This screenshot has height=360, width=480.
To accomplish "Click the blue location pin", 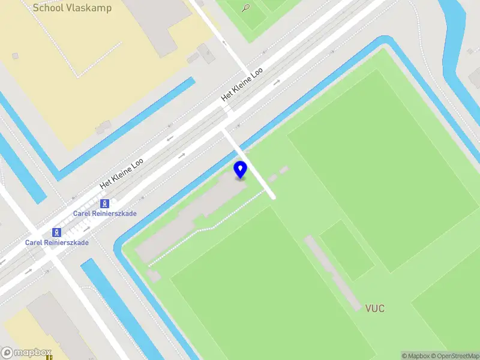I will click(241, 169).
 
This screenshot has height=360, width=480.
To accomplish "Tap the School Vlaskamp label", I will click(72, 8).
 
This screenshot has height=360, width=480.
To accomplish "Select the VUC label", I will click(375, 308).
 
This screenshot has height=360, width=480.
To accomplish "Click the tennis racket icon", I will click(246, 8).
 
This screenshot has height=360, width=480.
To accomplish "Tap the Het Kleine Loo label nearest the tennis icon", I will click(242, 83).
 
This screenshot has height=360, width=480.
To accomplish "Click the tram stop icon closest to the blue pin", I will click(105, 203).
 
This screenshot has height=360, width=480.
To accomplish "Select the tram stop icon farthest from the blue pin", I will click(57, 232).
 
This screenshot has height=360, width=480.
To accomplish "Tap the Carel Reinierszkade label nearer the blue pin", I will click(105, 214).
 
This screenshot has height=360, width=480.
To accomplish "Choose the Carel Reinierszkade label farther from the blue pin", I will click(57, 242).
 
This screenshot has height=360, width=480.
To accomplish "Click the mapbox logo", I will click(26, 353).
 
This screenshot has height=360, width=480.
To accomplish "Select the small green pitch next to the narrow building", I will click(346, 250).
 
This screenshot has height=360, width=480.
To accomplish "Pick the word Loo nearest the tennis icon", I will click(257, 73).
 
